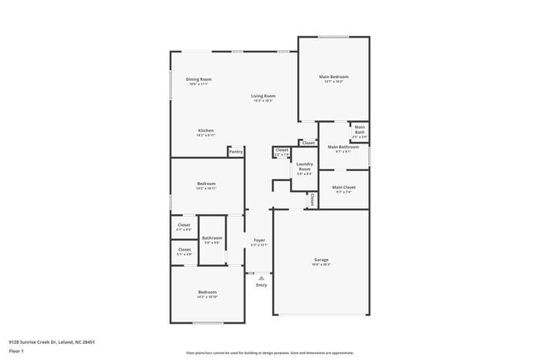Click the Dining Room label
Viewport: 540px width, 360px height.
[198, 79]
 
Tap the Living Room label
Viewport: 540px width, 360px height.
[263, 96]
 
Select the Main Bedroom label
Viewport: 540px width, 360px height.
[334, 77]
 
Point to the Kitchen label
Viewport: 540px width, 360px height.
[205, 130]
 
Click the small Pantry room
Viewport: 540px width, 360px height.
[235, 152]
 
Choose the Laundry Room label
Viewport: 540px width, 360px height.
[305, 166]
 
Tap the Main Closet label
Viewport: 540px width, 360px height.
[343, 187]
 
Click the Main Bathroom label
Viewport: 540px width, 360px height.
[343, 146]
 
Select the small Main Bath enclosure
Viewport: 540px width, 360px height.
[359, 130]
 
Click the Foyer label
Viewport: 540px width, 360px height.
[259, 241]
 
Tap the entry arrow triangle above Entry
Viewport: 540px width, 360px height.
[262, 278]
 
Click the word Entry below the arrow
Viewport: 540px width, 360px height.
[262, 285]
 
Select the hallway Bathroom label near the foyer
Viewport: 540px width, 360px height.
[212, 238]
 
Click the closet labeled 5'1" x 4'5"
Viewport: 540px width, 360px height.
[184, 227]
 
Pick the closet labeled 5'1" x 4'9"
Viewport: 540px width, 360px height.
[184, 251]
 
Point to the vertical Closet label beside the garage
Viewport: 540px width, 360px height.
[312, 200]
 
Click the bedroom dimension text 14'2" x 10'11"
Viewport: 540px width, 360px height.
[206, 188]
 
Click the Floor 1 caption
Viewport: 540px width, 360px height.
[16, 352]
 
